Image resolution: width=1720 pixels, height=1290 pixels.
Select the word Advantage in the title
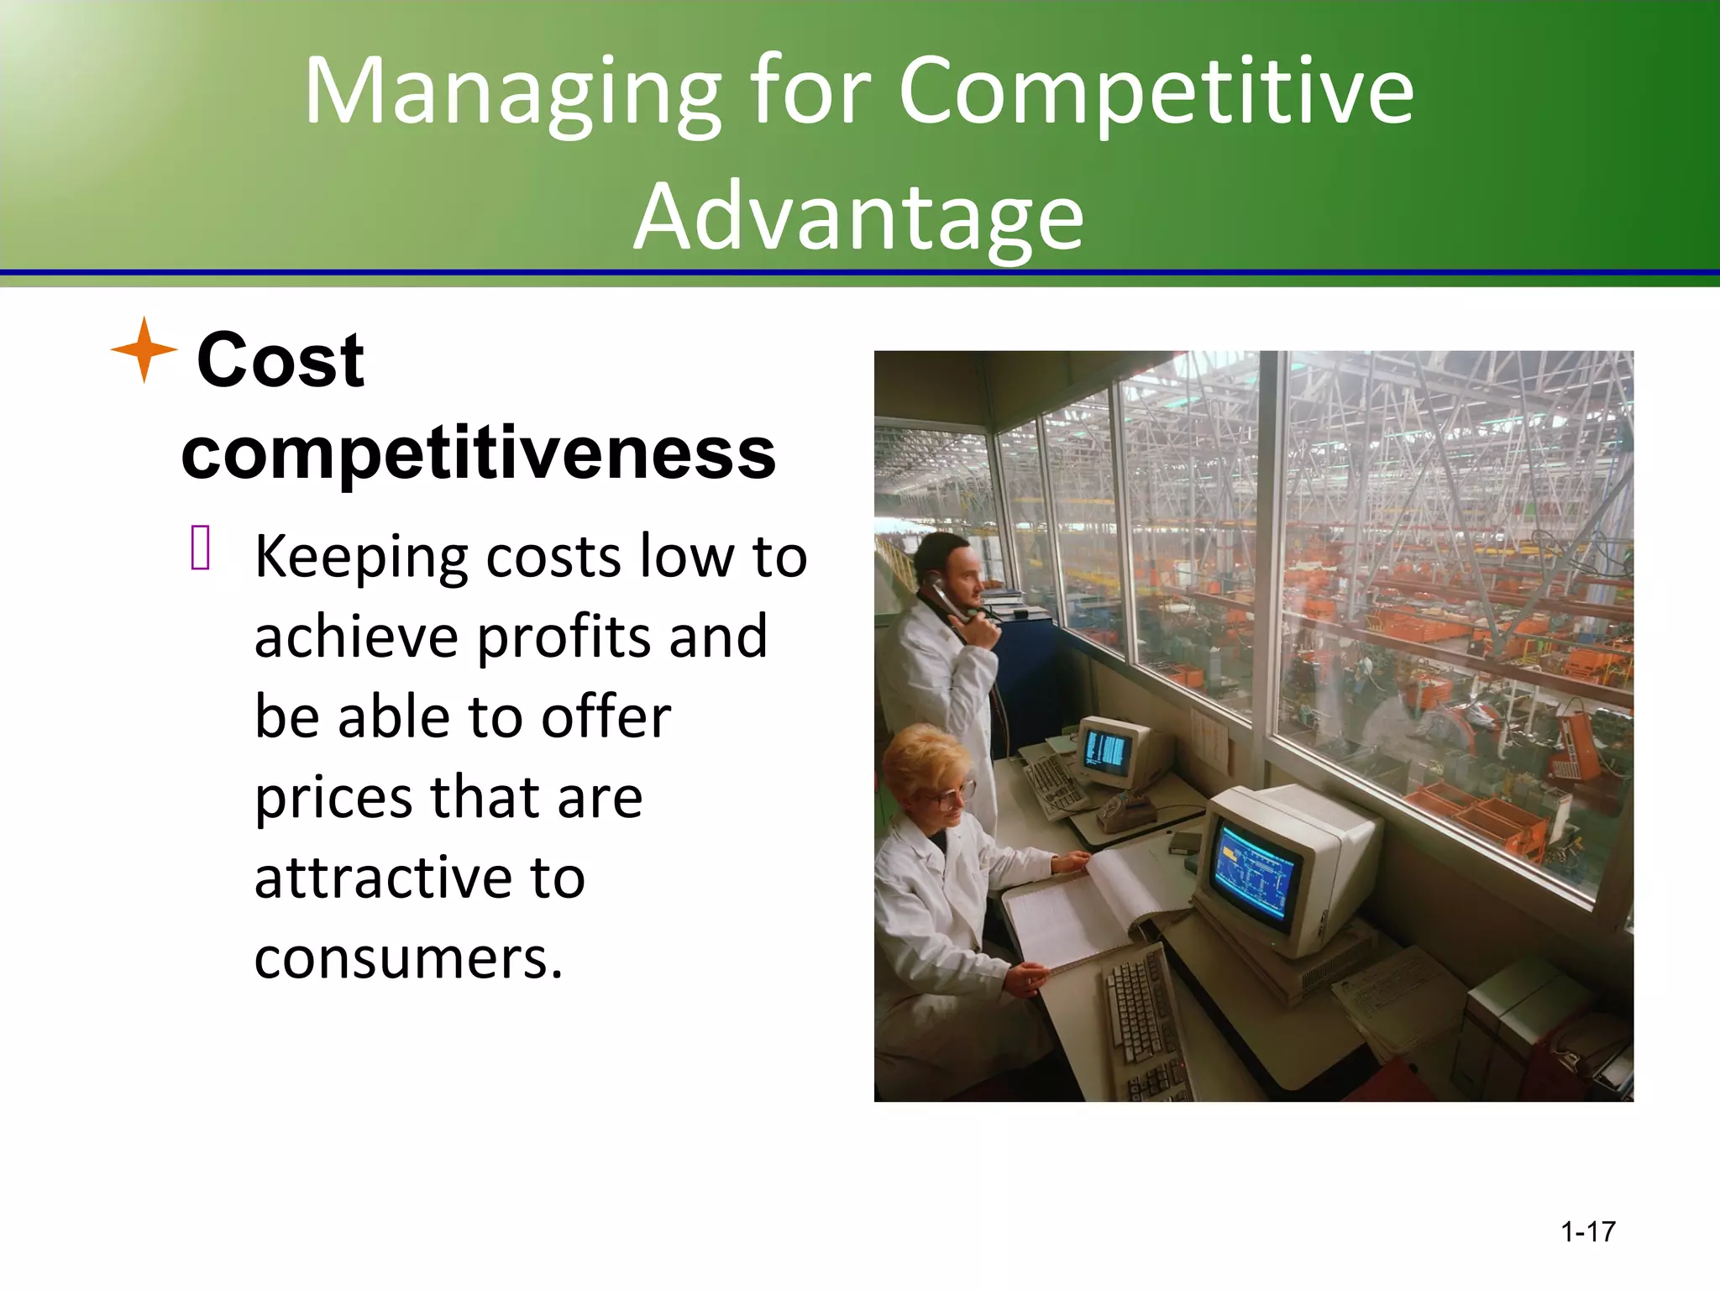[x=858, y=217]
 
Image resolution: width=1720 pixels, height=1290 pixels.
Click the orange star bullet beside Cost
[x=144, y=349]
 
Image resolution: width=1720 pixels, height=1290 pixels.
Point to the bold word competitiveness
[x=478, y=454]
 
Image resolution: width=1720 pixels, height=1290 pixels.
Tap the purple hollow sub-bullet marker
[x=200, y=548]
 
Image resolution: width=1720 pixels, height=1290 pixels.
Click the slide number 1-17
[x=1587, y=1231]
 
